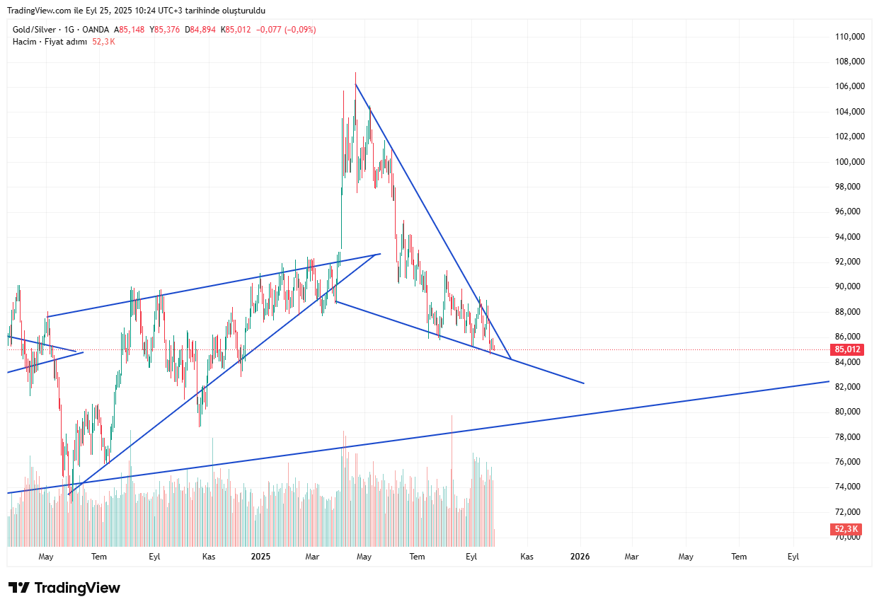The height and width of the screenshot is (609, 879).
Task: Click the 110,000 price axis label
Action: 850,37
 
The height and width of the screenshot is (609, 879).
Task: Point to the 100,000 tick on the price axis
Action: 850,161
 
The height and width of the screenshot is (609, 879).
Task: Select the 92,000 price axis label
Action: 850,262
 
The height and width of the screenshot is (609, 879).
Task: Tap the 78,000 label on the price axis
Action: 850,436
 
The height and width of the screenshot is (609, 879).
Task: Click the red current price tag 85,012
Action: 847,349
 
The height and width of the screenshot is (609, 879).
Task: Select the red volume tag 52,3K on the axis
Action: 846,529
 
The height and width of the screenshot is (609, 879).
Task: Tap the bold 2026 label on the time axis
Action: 580,557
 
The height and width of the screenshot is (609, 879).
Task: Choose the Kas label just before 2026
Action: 527,557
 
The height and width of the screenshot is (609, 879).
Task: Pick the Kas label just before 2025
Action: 208,557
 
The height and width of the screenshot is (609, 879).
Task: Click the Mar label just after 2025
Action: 312,557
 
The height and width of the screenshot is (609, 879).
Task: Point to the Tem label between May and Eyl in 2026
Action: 739,557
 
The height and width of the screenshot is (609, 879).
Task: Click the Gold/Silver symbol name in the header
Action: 34,30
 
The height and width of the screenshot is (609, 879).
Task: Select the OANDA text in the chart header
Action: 96,30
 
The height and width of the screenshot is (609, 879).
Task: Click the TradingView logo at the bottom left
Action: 64,588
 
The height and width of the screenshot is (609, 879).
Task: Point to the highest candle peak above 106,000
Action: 355,74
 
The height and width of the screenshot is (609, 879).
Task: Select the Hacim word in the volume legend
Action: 23,42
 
